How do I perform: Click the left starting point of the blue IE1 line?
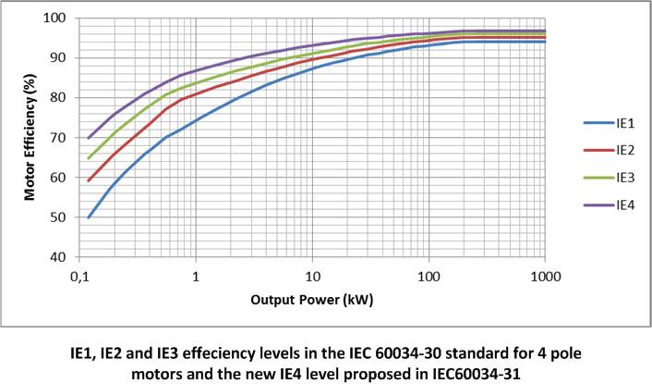(x=90, y=217)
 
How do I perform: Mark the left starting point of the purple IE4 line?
(x=90, y=138)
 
